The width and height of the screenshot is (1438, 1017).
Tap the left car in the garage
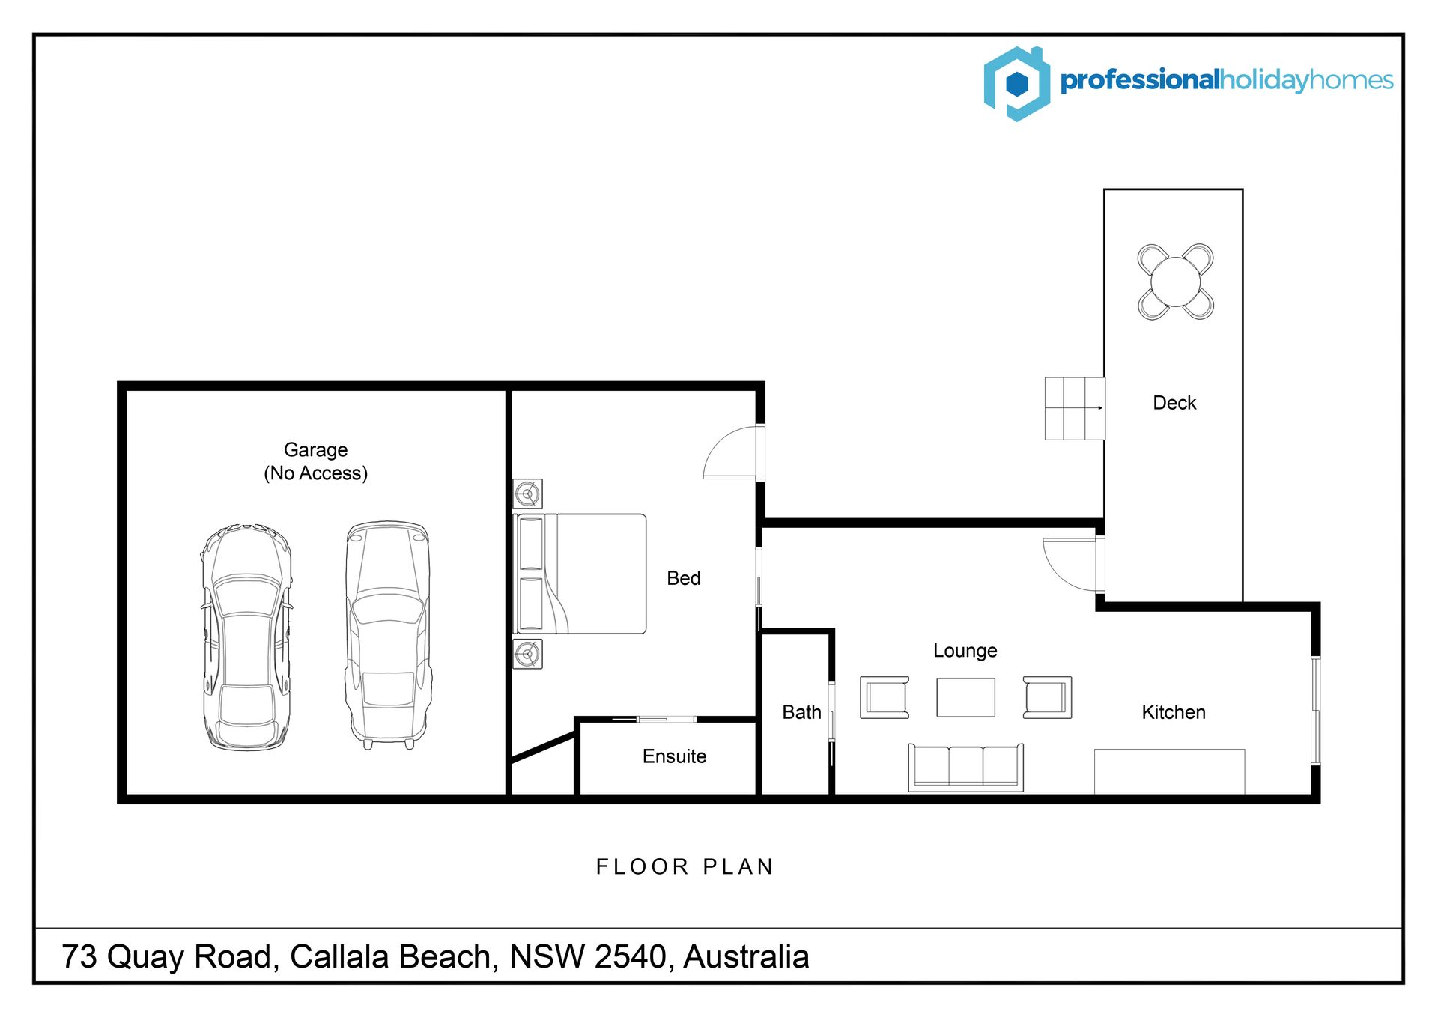coord(246,637)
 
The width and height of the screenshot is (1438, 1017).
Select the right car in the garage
coord(388,635)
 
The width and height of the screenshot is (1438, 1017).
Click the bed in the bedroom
coord(579,574)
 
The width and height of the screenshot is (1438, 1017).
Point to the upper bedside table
coord(527,494)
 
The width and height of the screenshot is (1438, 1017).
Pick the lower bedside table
coord(527,654)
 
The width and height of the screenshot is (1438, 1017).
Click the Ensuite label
coord(674,756)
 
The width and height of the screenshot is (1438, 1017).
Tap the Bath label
coord(801,712)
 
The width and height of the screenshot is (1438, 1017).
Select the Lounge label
coord(965,651)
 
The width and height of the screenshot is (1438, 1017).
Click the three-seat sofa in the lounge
coord(965,768)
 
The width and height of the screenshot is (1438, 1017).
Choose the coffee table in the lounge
coord(965,698)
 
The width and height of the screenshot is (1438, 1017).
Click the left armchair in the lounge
coord(885,698)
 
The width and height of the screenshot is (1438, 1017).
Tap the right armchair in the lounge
coord(1047,698)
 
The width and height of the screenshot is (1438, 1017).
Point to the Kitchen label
coord(1174,712)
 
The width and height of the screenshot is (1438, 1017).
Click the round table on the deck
coord(1176,282)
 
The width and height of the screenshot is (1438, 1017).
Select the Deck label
coord(1174,403)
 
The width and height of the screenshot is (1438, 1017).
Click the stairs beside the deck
coord(1075,408)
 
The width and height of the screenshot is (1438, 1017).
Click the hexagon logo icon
coord(1016,84)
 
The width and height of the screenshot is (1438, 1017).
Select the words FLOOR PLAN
coord(685,867)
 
